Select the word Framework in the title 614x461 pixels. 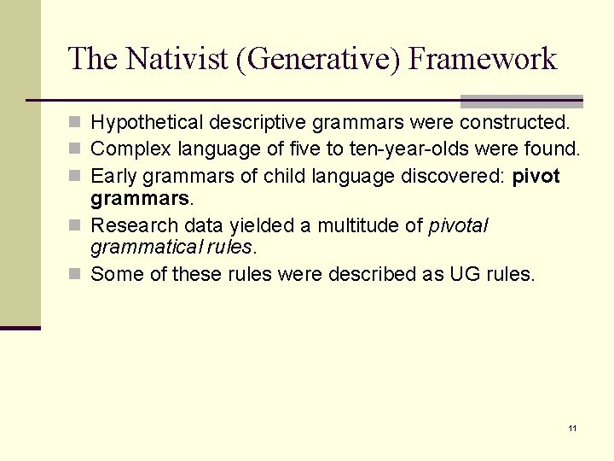pyautogui.click(x=483, y=59)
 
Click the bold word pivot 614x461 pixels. pyautogui.click(x=536, y=176)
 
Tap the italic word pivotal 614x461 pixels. pyautogui.click(x=458, y=225)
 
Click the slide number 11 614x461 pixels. pyautogui.click(x=572, y=427)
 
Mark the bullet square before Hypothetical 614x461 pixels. pyautogui.click(x=78, y=123)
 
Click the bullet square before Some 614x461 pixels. pyautogui.click(x=78, y=275)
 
